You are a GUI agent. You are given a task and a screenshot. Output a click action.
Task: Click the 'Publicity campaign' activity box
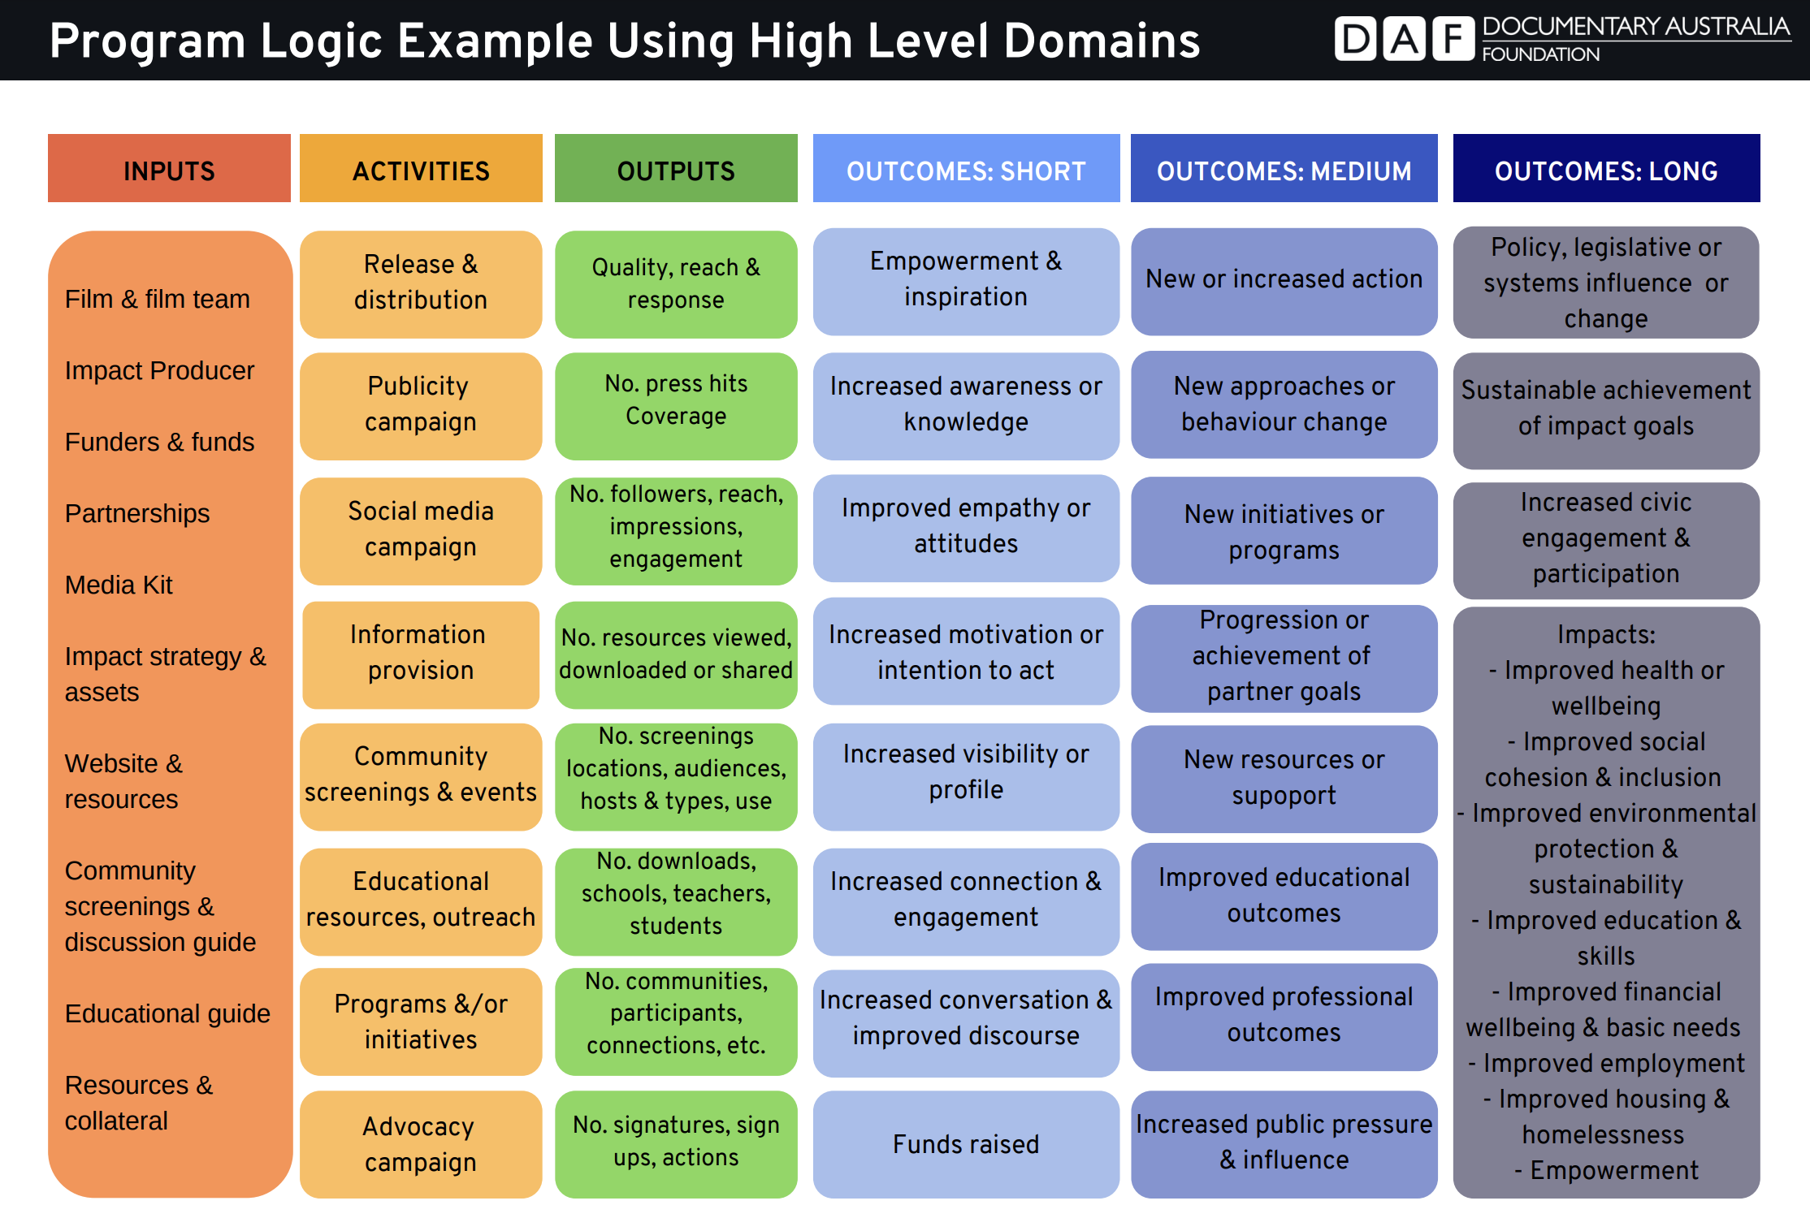pos(421,404)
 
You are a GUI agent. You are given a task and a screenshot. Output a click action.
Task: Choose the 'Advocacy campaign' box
pos(421,1144)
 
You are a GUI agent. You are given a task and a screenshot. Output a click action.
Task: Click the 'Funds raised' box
pos(966,1144)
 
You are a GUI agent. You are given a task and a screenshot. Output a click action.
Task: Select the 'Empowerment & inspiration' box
pos(966,280)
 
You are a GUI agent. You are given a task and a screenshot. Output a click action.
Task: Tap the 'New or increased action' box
pos(1284,280)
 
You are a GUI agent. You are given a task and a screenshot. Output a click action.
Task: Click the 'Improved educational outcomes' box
pos(1284,896)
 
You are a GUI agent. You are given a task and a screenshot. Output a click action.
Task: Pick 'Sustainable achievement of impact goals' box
pos(1606,409)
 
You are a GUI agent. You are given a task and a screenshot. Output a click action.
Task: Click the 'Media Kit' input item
pos(119,585)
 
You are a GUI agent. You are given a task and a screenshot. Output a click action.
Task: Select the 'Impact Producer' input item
pos(159,370)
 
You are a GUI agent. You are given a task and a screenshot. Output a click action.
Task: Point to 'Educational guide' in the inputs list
pos(167,1013)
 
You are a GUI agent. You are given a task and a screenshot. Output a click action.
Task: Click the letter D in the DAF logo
pos(1355,39)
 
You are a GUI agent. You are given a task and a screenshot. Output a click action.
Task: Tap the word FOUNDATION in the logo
pos(1540,55)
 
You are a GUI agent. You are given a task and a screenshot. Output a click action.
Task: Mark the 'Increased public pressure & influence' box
pos(1284,1142)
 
